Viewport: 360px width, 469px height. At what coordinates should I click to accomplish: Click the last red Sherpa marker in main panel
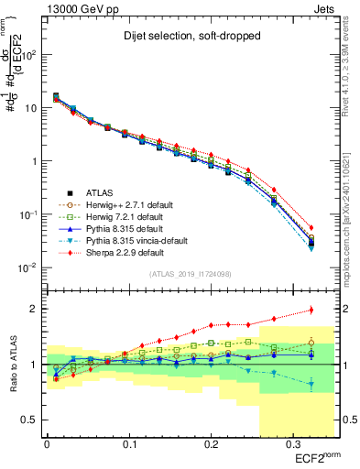click(x=311, y=228)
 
